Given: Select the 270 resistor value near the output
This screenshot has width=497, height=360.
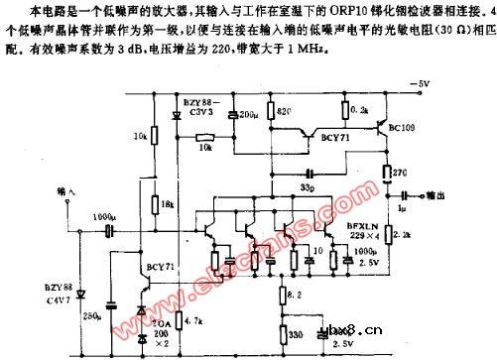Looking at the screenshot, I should (401, 173).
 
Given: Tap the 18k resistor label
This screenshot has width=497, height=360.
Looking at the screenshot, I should (168, 201).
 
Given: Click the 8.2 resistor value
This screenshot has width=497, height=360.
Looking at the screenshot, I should (291, 296).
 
